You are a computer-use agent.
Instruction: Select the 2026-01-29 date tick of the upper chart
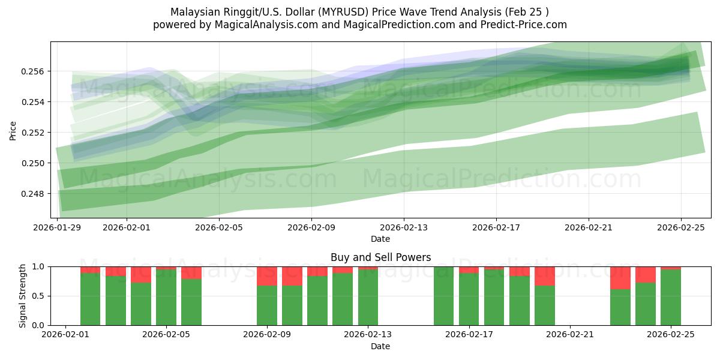click(58, 228)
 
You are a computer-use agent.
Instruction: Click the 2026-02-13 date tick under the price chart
click(404, 228)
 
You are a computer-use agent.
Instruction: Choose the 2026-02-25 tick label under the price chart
click(681, 228)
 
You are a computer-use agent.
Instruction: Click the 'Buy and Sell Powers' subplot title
click(380, 257)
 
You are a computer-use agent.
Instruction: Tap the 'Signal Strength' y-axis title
click(22, 296)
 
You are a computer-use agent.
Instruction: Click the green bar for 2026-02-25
click(671, 298)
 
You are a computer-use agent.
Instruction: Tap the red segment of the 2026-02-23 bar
click(620, 278)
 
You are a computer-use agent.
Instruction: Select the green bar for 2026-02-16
click(443, 296)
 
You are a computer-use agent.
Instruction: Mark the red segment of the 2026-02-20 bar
click(545, 276)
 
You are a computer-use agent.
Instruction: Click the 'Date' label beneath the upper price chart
click(380, 239)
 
